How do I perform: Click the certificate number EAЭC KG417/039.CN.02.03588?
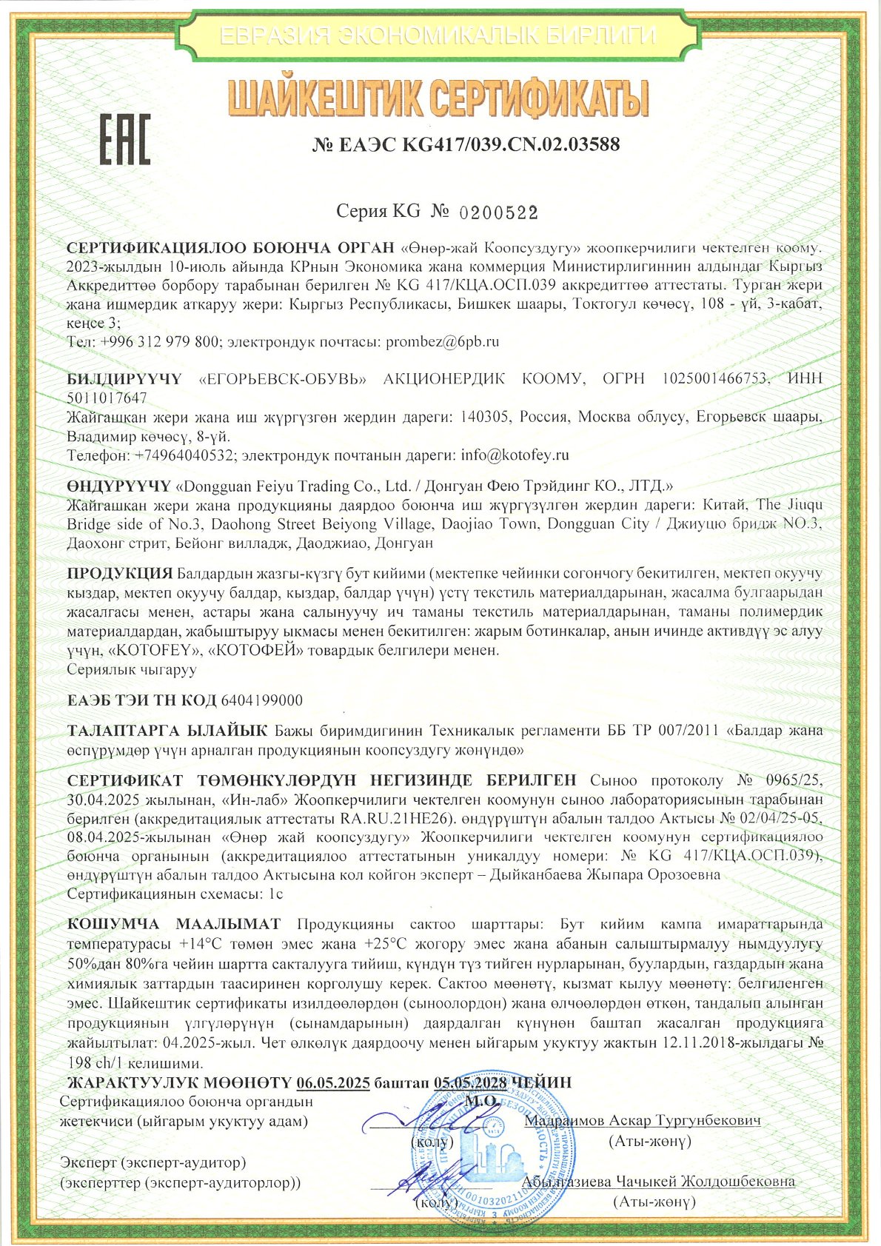point(466,144)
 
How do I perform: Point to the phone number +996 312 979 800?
point(158,342)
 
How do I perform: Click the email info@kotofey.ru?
point(515,455)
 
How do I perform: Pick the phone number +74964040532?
point(185,455)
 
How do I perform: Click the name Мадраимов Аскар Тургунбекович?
point(643,1121)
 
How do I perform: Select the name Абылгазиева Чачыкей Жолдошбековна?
point(658,1182)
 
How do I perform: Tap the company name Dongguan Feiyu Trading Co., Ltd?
point(292,486)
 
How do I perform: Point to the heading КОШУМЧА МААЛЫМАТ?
point(174,924)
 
